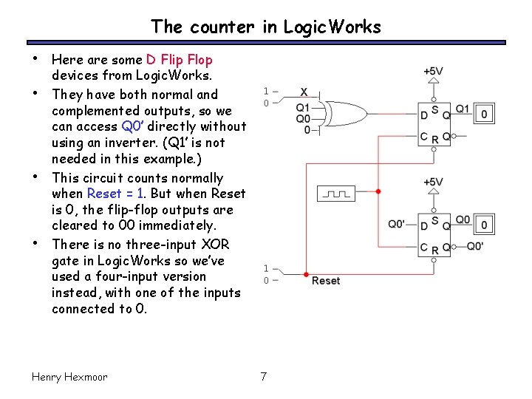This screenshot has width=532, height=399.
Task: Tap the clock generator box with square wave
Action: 336,193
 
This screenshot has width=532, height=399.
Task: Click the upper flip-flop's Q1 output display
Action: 484,114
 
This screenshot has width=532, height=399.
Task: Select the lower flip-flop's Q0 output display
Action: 484,224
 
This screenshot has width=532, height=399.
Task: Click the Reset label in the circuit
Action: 326,281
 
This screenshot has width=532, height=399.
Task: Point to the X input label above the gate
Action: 304,92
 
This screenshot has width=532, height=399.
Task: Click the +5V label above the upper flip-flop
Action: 433,72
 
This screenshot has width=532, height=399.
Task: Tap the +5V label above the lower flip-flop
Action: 433,182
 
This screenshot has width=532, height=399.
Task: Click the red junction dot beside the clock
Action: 378,191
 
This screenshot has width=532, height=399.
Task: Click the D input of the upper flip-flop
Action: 424,115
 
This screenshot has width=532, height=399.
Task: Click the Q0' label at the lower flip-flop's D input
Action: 398,224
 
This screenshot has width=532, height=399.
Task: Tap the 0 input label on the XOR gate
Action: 307,131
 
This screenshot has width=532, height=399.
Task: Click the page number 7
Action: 264,377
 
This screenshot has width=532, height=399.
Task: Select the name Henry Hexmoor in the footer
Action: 69,377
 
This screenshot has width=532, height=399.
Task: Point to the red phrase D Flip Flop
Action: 179,60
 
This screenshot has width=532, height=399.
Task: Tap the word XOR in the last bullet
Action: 215,245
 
